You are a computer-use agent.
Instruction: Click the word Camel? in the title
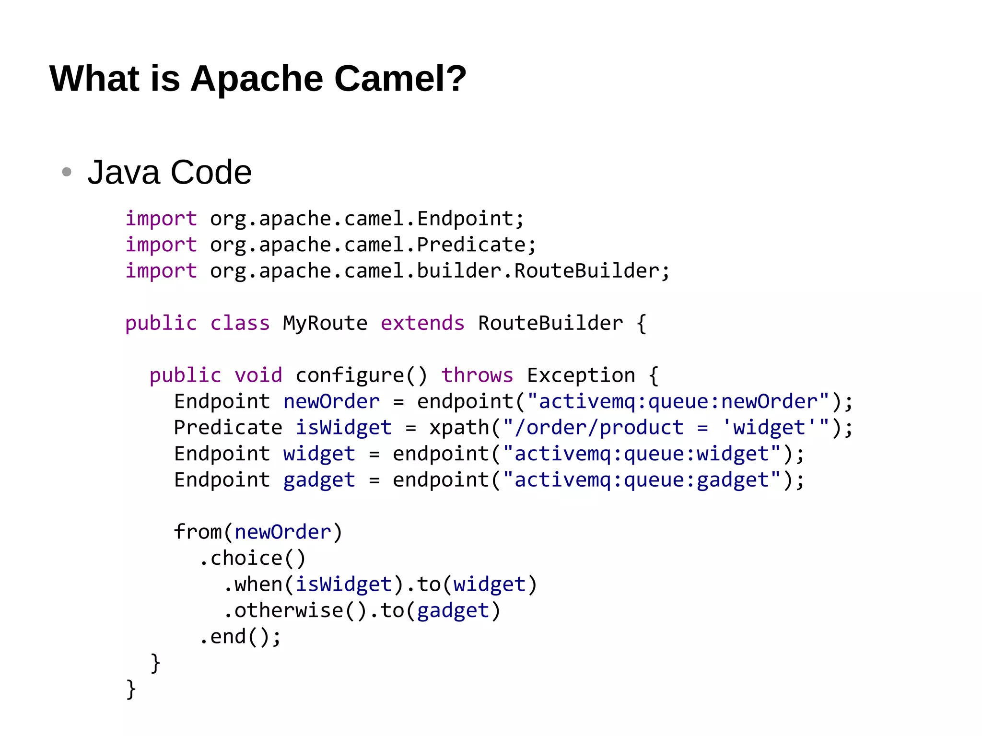(x=400, y=78)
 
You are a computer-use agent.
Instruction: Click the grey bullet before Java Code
(x=67, y=172)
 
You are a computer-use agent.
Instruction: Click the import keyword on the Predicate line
(x=161, y=245)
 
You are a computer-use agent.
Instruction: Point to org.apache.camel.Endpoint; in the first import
(x=367, y=219)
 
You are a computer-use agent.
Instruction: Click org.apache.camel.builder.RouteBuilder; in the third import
(x=439, y=271)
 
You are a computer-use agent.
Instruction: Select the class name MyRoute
(x=325, y=323)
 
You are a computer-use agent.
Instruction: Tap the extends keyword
(x=422, y=323)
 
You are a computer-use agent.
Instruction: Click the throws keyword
(x=477, y=375)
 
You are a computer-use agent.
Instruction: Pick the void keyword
(x=258, y=375)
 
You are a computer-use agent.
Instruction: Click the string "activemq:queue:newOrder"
(x=678, y=401)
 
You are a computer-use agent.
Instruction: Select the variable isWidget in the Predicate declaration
(x=343, y=428)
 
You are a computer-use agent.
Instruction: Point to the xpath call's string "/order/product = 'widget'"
(x=666, y=428)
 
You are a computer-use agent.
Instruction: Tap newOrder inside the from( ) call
(x=283, y=532)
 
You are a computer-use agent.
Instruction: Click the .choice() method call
(x=252, y=558)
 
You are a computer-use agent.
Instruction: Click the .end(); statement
(x=240, y=637)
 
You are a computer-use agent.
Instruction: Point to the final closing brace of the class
(x=130, y=689)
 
